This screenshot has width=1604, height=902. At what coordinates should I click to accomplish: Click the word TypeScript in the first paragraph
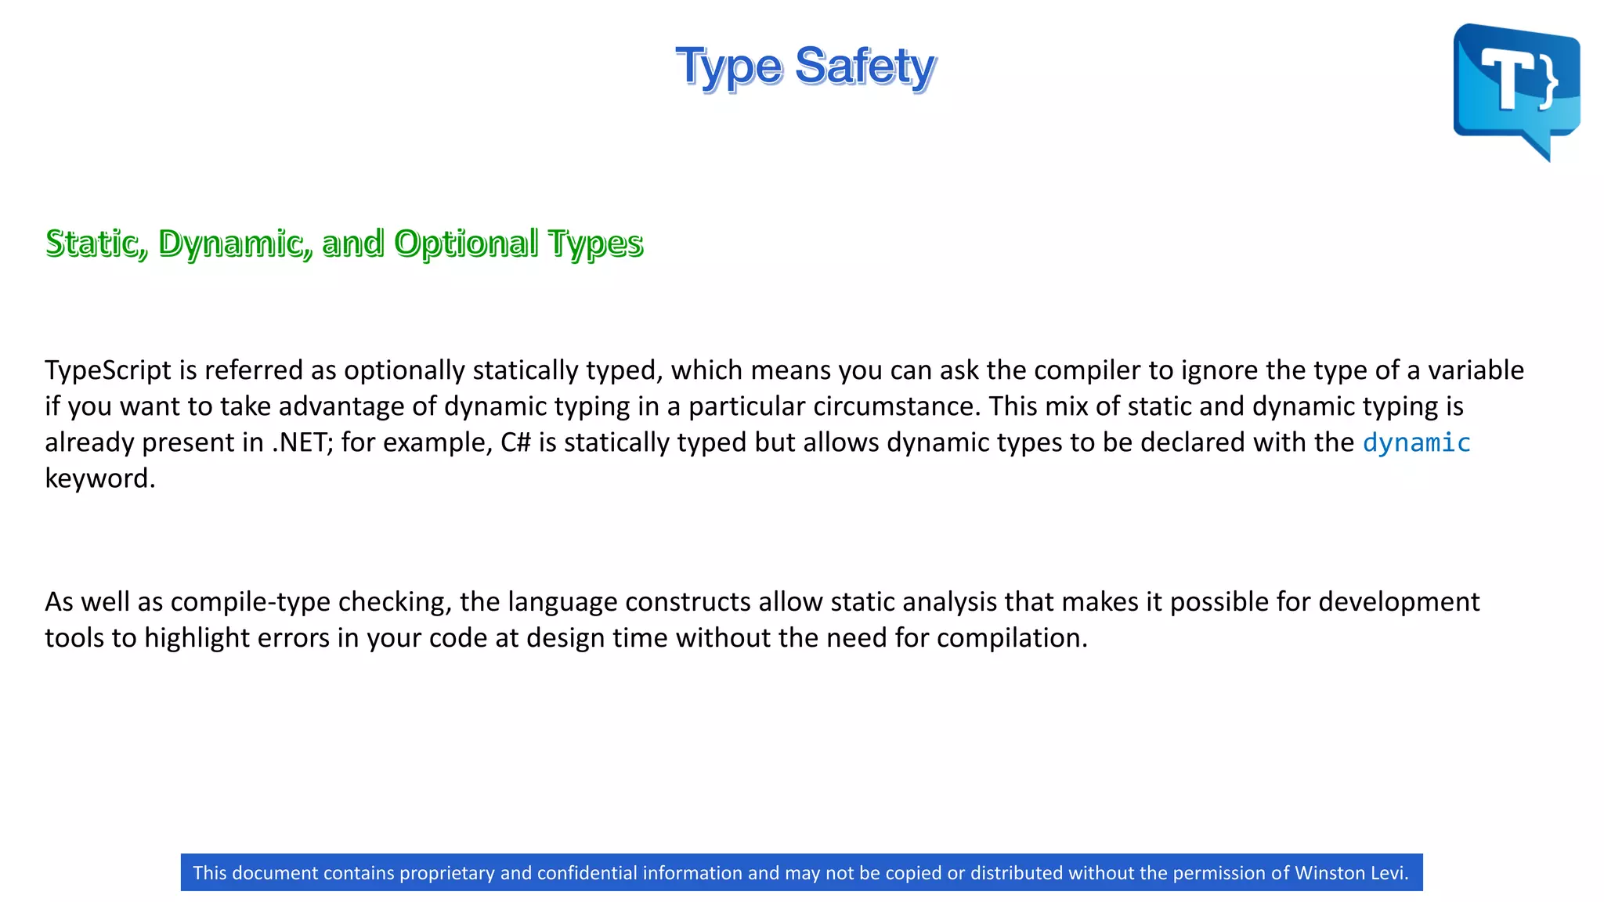click(108, 370)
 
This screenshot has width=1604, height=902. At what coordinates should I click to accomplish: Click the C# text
click(515, 442)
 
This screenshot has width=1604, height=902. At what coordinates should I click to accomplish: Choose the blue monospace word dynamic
click(1416, 443)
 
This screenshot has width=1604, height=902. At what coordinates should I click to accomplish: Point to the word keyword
click(99, 478)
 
